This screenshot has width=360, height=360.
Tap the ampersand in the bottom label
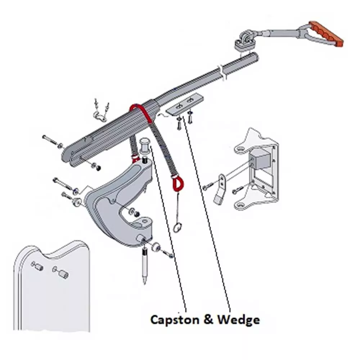[x=208, y=320]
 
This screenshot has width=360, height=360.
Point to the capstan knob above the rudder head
[x=144, y=146]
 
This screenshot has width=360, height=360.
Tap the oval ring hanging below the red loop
[x=177, y=228]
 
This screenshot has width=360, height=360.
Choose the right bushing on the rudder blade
[x=60, y=272]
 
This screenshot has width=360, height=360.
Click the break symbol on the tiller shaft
[x=222, y=72]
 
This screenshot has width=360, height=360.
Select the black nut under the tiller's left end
[x=98, y=168]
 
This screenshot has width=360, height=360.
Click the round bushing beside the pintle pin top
[x=156, y=247]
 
